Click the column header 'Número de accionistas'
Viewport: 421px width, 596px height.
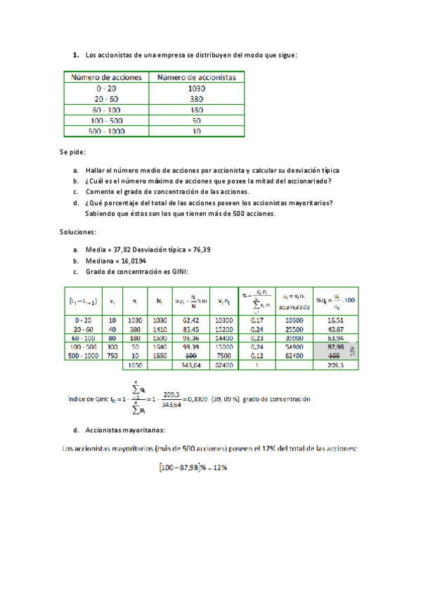[x=196, y=77]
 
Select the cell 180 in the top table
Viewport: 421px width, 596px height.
[x=196, y=110]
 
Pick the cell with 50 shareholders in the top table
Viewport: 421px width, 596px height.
[x=196, y=121]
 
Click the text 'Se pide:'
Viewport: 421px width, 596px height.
[x=72, y=152]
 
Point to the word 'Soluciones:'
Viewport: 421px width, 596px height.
[x=77, y=231]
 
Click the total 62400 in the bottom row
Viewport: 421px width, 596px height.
[x=224, y=365]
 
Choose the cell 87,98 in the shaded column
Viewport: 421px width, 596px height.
[x=335, y=346]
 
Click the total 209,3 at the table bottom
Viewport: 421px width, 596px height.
[x=335, y=365]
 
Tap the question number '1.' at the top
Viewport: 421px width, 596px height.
[x=75, y=54]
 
